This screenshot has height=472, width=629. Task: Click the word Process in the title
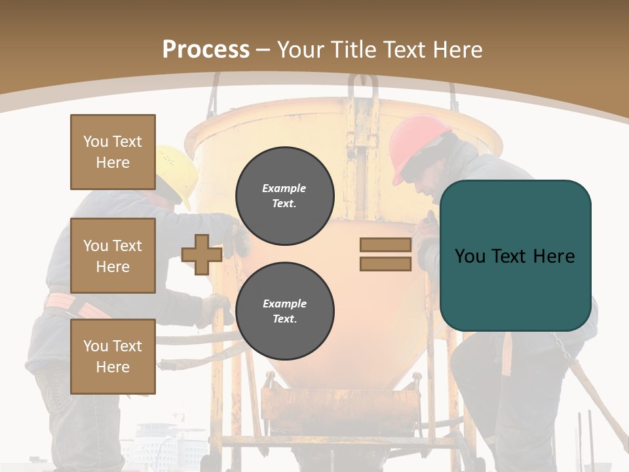[x=206, y=50]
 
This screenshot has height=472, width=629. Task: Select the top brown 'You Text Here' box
[x=113, y=152]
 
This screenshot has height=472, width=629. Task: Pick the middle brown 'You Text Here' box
[x=113, y=256]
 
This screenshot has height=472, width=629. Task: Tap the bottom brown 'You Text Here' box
[x=113, y=356]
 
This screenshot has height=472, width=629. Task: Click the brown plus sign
[x=201, y=254]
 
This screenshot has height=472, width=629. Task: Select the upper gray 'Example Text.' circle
[x=284, y=195]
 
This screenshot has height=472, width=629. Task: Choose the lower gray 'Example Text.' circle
[x=284, y=311]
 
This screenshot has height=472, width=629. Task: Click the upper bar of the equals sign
[x=385, y=245]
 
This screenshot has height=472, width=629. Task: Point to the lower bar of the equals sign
[x=385, y=264]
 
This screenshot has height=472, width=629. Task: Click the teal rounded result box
[x=515, y=256]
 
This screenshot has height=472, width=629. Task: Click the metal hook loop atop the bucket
[x=363, y=89]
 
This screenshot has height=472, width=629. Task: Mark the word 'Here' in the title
[x=457, y=50]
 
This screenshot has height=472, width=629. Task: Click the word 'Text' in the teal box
[x=515, y=256]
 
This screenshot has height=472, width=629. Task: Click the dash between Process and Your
[x=263, y=50]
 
